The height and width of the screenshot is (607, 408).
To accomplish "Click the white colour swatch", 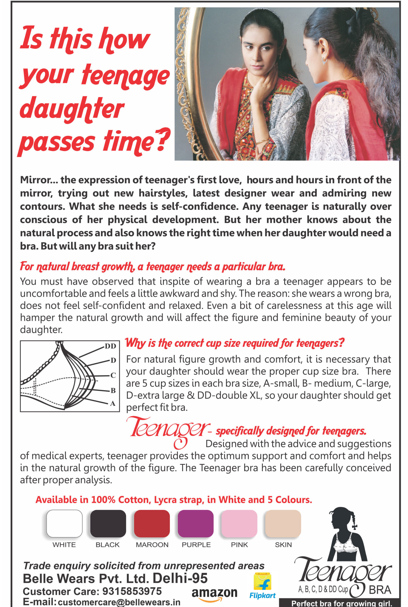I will [x=64, y=523].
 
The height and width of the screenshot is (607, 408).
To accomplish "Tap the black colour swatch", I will [x=108, y=523].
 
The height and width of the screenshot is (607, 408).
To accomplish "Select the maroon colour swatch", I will [x=152, y=523].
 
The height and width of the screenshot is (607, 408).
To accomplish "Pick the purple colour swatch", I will [x=195, y=523].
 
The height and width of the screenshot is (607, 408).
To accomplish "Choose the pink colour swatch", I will [x=239, y=523].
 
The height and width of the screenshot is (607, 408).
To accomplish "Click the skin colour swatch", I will [x=283, y=523].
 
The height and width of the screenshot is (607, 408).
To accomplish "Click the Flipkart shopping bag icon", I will [x=262, y=582].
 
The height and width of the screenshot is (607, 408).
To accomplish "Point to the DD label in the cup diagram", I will [x=110, y=346].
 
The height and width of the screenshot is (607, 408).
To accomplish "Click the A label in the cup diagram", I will [x=113, y=403].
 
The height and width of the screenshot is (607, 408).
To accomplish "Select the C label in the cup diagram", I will [x=113, y=375].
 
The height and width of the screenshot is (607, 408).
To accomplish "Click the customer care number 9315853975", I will [x=132, y=591].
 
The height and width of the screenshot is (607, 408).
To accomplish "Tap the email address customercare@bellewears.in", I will [x=119, y=602].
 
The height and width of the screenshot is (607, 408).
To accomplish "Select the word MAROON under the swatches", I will [x=152, y=545].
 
